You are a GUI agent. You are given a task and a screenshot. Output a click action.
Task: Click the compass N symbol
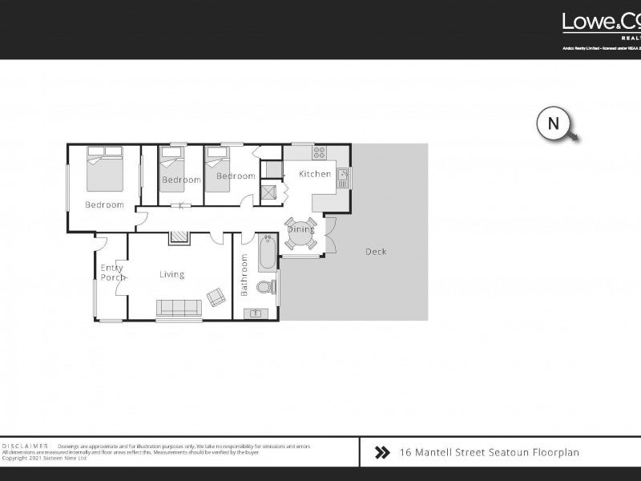pos(553,123)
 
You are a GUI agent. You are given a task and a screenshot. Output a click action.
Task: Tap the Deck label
pos(376,252)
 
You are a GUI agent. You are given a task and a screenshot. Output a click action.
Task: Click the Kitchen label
pos(315,174)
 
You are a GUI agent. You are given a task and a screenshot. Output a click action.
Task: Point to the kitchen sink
pos(342,176)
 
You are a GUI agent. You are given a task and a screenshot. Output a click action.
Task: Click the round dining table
pos(301,229)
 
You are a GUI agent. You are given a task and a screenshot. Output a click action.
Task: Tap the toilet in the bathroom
pos(266,287)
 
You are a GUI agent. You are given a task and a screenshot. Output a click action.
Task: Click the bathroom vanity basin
pos(257,313)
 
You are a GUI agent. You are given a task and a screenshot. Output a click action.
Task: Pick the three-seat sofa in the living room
pos(179,308)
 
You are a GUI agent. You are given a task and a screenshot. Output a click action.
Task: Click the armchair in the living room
pos(216,297)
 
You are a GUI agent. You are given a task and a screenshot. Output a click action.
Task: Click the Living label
pos(171,274)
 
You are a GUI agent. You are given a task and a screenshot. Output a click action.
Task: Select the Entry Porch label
pos(111,273)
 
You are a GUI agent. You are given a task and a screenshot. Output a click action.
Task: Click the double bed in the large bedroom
pos(105,168)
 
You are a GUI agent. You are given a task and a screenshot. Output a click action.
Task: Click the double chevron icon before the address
pos(382,453)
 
